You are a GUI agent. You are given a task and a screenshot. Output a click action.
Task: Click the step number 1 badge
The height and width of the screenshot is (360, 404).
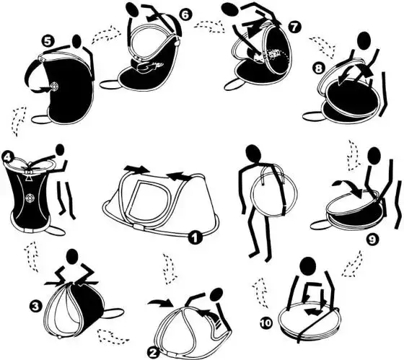click(x=195, y=237)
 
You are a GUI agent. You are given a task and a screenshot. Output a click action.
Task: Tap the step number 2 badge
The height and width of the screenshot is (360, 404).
click(x=154, y=353)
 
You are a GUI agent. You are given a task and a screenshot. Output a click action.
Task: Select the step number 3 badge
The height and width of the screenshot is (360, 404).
click(x=35, y=306)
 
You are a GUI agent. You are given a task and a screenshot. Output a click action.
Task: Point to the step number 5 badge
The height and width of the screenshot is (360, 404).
click(x=48, y=41)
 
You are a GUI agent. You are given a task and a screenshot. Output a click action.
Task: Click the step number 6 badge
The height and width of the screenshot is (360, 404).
click(x=185, y=14)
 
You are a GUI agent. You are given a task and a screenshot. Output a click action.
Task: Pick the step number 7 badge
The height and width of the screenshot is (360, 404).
click(x=294, y=27)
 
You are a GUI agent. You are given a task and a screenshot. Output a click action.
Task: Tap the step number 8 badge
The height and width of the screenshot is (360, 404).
click(x=319, y=69)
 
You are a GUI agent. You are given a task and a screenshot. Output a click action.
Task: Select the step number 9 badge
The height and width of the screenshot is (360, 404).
click(x=372, y=240)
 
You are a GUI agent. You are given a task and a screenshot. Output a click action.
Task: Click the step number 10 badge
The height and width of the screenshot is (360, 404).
click(x=265, y=322)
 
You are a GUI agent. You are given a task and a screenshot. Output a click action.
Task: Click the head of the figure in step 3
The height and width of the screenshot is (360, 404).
click(x=72, y=256)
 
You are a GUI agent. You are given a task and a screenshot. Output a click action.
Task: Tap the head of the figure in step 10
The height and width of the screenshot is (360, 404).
click(x=308, y=266)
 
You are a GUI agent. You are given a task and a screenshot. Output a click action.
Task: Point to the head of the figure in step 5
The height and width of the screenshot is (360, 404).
click(x=77, y=40)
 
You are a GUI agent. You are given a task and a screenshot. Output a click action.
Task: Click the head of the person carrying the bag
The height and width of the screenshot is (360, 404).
click(x=254, y=154)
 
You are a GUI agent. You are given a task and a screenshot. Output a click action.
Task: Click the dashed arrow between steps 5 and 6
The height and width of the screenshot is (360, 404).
click(x=106, y=35)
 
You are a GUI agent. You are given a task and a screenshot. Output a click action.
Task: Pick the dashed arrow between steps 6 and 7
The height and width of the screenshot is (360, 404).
click(x=209, y=26)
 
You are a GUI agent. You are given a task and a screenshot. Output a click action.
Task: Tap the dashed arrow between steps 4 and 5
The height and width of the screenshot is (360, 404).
click(x=19, y=121)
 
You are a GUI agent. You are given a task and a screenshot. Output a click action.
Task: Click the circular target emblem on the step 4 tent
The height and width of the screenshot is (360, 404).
click(x=30, y=198)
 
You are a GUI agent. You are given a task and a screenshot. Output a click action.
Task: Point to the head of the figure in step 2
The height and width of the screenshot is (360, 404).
click(x=216, y=294)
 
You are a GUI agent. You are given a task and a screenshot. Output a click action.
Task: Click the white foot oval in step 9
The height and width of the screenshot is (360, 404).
click(x=320, y=225)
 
